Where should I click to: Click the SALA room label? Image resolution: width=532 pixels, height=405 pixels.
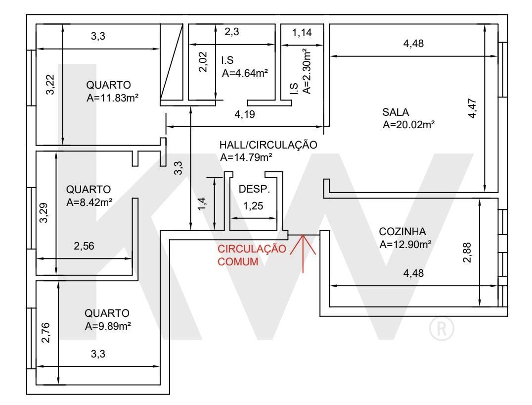click(x=395, y=112)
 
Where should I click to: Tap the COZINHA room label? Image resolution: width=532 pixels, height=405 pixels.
click(x=402, y=231)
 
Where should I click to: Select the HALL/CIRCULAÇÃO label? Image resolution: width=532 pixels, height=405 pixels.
click(x=268, y=145)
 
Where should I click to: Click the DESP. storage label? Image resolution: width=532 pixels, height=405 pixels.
click(x=254, y=189)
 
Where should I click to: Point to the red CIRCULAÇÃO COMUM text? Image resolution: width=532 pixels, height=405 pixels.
click(x=252, y=255)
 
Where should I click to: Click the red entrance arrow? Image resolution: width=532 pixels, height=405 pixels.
click(x=303, y=253)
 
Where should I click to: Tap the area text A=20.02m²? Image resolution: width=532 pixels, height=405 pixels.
click(x=408, y=125)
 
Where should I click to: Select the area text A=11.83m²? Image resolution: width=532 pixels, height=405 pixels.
click(x=112, y=98)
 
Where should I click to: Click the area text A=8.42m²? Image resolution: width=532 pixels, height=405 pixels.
click(x=89, y=202)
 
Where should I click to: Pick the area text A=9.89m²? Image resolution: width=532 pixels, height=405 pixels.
click(x=108, y=326)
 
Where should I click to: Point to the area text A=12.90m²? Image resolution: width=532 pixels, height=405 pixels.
click(x=405, y=244)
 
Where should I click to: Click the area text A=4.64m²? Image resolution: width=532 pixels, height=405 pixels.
click(x=245, y=73)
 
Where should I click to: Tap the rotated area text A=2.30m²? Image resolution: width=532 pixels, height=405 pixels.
click(x=306, y=71)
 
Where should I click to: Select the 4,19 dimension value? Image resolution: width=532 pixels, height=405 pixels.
click(x=245, y=114)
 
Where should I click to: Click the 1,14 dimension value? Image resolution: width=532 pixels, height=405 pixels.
click(x=302, y=33)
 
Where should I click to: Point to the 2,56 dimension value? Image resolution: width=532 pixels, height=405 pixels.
click(x=84, y=246)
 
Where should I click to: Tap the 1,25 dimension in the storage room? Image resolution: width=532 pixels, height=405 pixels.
click(x=253, y=206)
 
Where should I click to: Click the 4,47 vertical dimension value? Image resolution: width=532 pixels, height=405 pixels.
click(x=472, y=108)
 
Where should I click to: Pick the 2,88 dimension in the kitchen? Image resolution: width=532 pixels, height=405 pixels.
click(x=467, y=253)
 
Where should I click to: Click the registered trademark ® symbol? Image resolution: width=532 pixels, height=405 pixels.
click(x=442, y=329)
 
